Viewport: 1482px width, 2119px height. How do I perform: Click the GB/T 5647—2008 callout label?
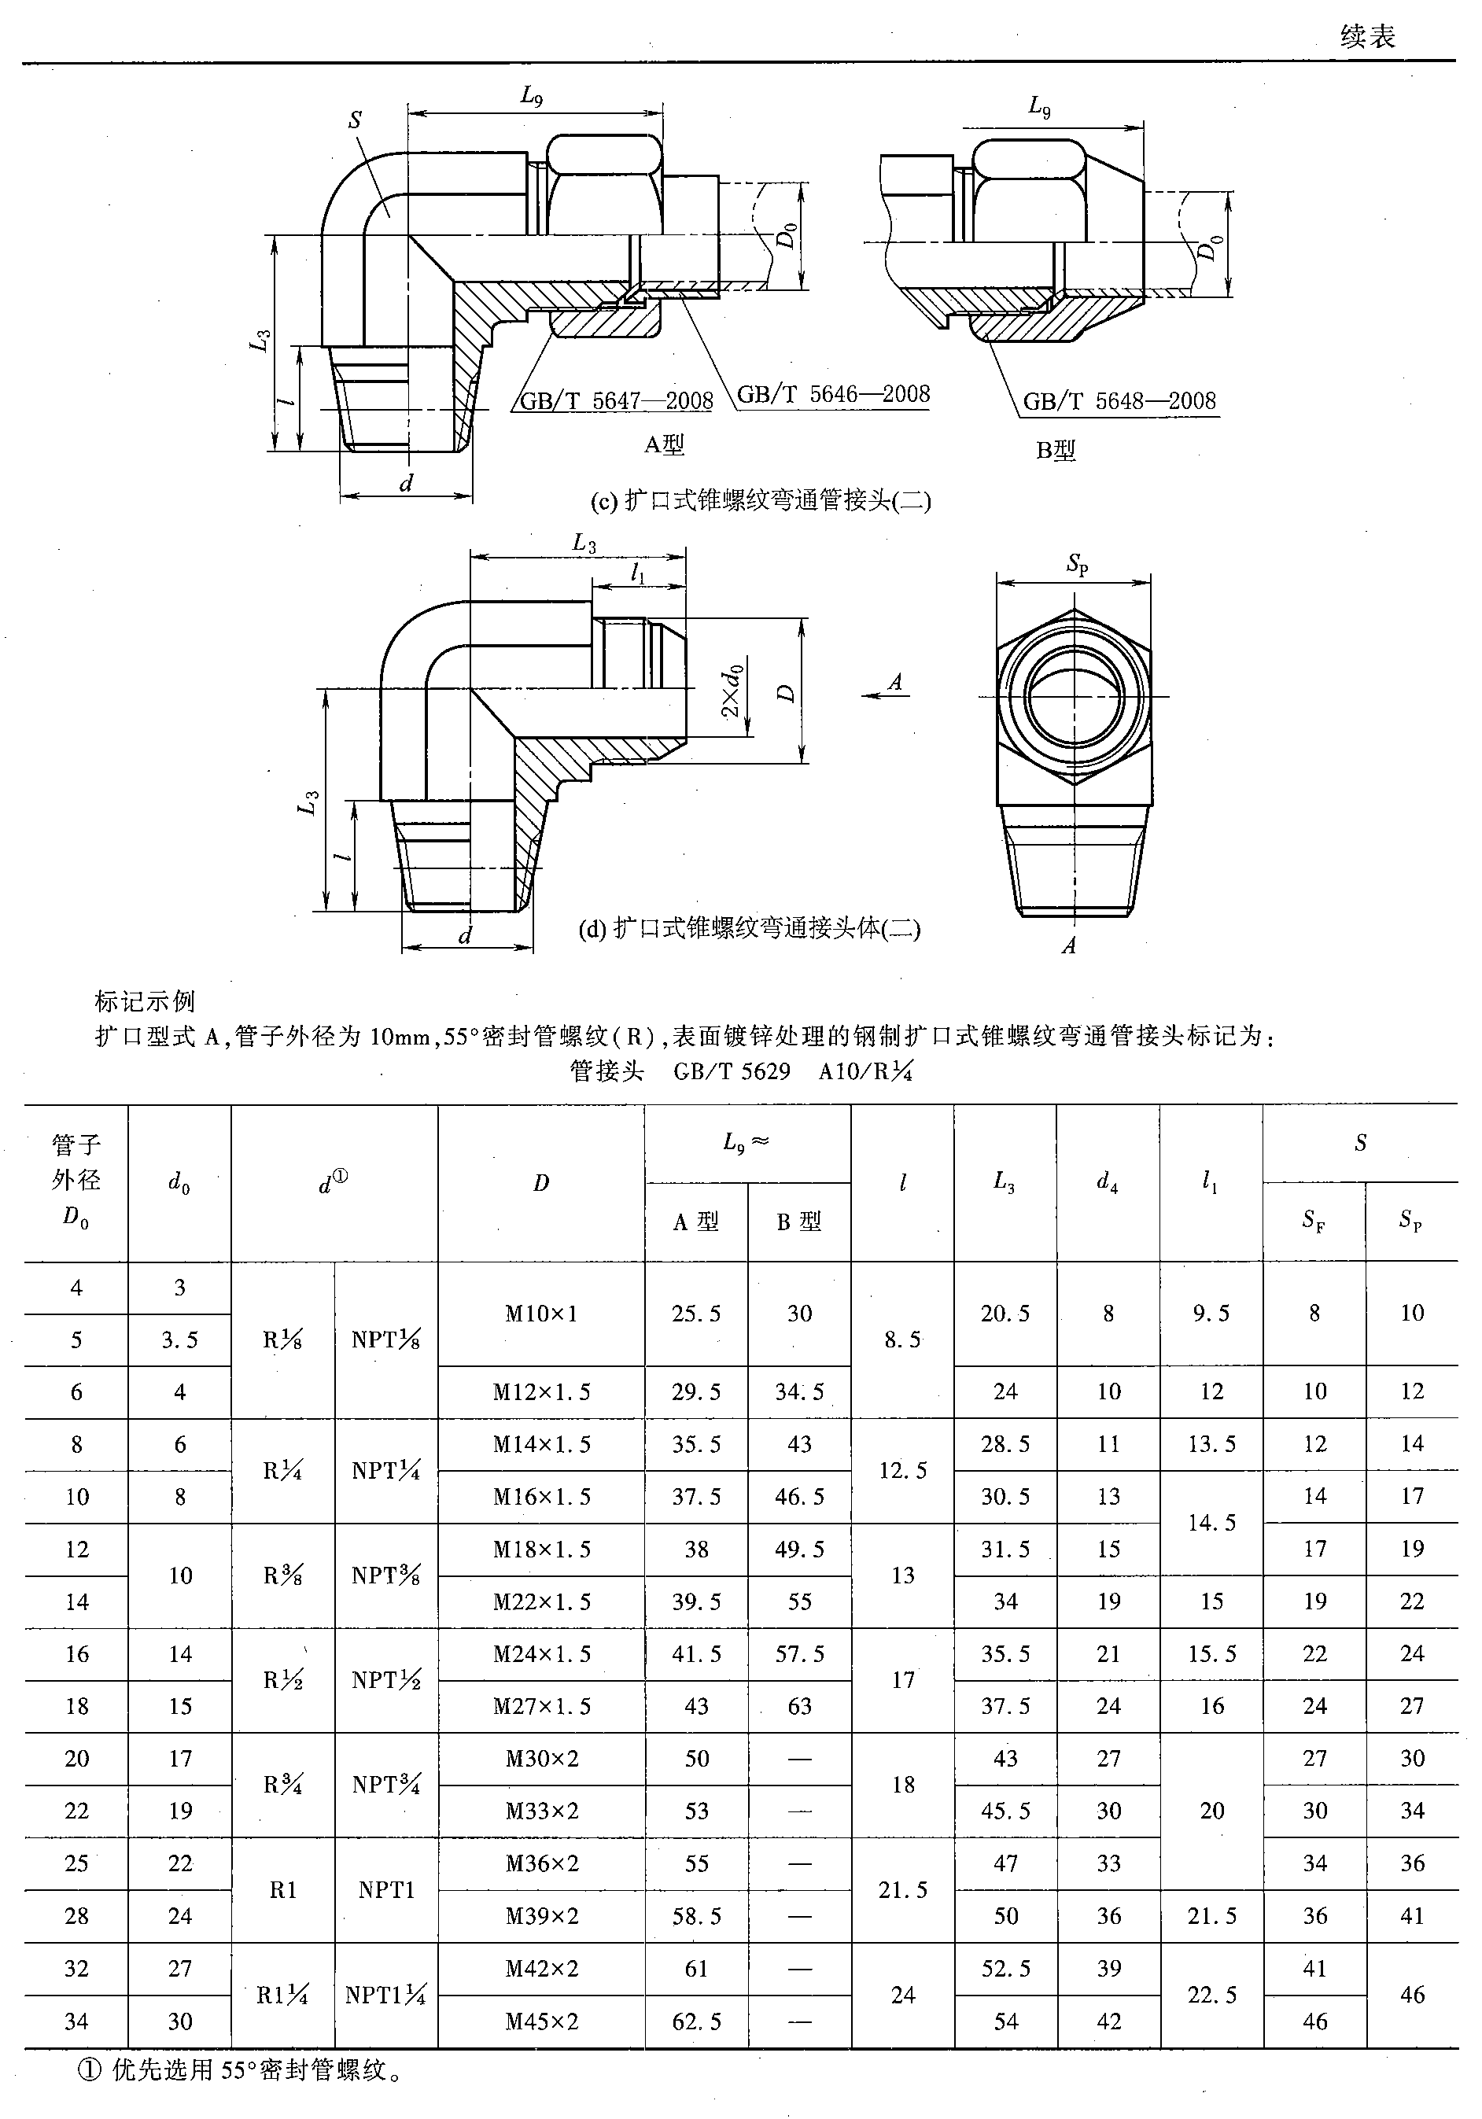tap(615, 400)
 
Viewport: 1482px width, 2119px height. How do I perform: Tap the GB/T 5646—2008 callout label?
tap(833, 394)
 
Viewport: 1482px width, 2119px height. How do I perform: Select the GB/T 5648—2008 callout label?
tap(1119, 400)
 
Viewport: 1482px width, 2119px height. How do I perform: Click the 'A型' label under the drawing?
tap(665, 445)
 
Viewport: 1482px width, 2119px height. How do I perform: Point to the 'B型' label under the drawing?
tap(1056, 451)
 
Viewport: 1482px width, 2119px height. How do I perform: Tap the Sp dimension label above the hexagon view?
tap(1077, 564)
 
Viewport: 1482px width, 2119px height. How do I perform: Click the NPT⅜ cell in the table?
tap(385, 1575)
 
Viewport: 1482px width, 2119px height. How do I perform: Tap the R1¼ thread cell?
tap(282, 1996)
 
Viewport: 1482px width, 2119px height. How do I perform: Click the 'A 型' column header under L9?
tap(696, 1222)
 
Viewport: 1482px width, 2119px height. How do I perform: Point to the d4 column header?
tap(1108, 1182)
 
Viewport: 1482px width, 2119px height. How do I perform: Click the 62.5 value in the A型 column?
tap(696, 2021)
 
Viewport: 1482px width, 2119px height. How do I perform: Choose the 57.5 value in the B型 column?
tap(799, 1654)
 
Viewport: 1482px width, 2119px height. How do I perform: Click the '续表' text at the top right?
tap(1368, 37)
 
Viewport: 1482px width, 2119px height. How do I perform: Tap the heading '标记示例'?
tap(145, 1001)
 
